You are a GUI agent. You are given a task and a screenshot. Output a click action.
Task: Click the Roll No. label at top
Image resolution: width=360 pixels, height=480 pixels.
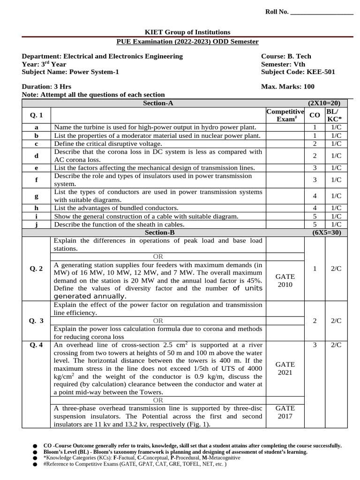277,12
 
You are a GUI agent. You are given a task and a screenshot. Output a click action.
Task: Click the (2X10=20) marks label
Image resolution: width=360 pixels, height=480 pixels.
324,103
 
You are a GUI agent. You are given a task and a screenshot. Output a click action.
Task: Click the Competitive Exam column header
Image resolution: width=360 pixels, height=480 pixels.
285,115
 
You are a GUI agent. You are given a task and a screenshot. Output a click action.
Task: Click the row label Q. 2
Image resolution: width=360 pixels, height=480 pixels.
36,269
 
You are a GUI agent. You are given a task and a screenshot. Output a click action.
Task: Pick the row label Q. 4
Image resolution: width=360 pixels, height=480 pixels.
36,345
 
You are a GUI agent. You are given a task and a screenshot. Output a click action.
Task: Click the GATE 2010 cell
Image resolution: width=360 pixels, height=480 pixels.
285,280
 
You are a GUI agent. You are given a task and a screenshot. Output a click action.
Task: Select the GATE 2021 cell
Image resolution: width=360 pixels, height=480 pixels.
285,368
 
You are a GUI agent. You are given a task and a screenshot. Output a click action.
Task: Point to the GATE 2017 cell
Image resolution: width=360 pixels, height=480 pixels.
285,412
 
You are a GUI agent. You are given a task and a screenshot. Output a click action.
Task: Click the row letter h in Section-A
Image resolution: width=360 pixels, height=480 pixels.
36,208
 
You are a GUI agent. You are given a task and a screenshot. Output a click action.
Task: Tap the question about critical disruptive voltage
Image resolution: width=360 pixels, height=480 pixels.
108,143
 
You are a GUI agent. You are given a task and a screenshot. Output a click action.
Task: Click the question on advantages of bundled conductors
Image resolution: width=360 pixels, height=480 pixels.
116,208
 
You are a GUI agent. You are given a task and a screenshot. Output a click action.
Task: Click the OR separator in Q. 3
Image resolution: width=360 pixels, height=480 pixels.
158,321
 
